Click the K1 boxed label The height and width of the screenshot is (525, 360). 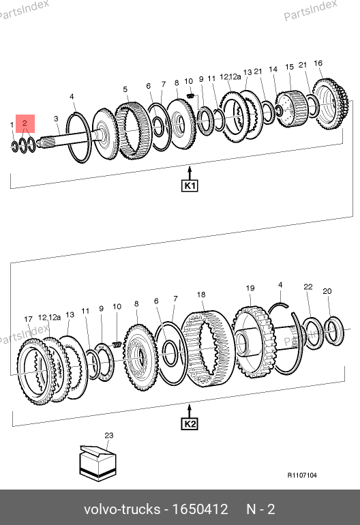(x=190, y=186)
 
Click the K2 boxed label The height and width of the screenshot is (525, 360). (x=190, y=424)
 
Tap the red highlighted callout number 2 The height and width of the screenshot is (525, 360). (x=25, y=123)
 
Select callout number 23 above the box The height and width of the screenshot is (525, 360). (x=109, y=435)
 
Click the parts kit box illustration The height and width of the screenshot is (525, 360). (x=97, y=463)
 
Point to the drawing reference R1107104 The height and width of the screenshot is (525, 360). (x=302, y=475)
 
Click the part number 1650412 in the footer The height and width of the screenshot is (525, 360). (x=200, y=509)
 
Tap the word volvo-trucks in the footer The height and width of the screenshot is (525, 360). (x=122, y=509)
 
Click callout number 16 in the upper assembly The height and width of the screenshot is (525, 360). (x=318, y=63)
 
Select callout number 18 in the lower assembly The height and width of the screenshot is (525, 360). (x=201, y=295)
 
